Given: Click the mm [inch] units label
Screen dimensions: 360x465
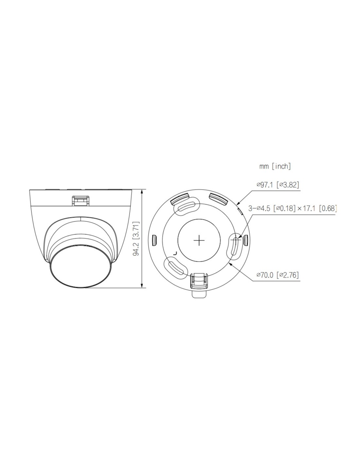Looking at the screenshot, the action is (x=275, y=166).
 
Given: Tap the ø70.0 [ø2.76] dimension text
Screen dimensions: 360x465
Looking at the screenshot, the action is (x=278, y=275).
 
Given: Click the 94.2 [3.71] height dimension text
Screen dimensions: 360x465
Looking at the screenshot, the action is (x=136, y=238).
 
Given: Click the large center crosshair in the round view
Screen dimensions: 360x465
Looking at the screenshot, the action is (x=199, y=240).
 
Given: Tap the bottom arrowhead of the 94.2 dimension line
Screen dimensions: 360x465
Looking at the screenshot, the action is (x=142, y=285).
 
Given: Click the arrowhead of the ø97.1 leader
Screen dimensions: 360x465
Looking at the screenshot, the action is (x=238, y=203).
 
